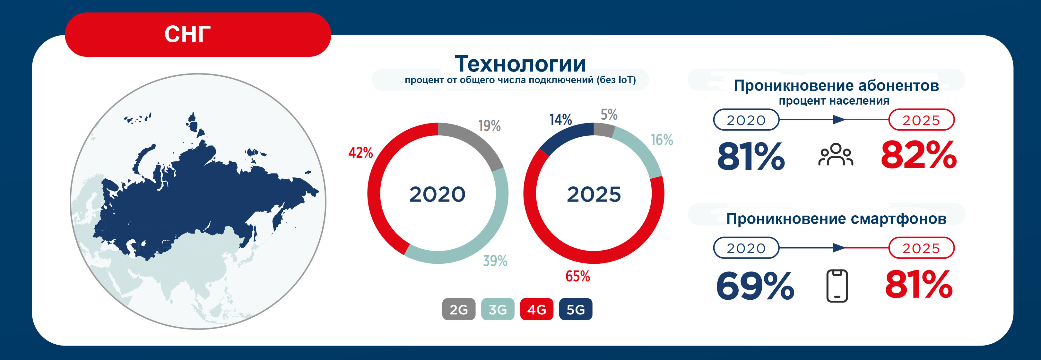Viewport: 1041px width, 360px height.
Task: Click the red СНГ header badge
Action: click(x=198, y=34)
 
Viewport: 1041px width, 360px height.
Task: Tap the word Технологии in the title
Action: click(x=521, y=64)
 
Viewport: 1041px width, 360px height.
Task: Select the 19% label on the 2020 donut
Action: click(x=490, y=126)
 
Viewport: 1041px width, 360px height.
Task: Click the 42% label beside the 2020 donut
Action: click(x=360, y=152)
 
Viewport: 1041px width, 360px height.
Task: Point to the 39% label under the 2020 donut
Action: click(x=495, y=261)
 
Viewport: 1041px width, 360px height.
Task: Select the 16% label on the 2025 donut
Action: click(x=662, y=140)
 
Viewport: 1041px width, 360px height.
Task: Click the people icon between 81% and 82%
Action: click(x=836, y=154)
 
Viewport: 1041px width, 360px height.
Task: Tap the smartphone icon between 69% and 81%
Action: click(x=837, y=286)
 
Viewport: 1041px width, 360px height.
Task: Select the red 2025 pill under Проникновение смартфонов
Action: click(x=921, y=248)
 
